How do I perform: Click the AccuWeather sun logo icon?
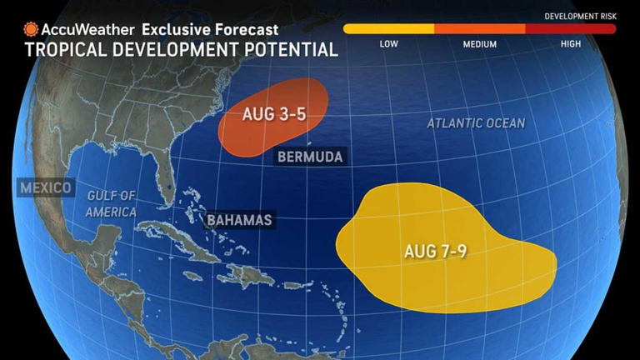[31, 29]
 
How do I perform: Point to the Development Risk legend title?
[580, 17]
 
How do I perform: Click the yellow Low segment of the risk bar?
[388, 28]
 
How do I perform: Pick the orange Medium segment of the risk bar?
[479, 28]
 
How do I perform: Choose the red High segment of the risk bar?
[570, 28]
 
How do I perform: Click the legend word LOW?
[388, 43]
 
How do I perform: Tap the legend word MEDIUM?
[480, 43]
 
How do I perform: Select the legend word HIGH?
[571, 43]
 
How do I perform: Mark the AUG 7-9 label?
[434, 251]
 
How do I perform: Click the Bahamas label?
[240, 220]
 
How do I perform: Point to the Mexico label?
[45, 187]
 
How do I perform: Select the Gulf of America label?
[112, 203]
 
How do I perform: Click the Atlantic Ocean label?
[476, 123]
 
